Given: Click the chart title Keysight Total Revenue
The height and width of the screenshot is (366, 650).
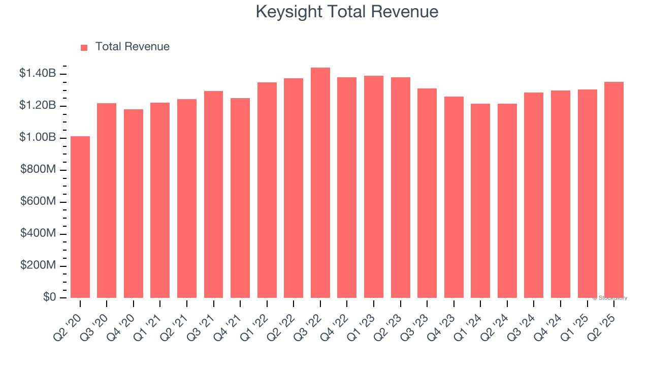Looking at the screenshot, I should click(x=347, y=11).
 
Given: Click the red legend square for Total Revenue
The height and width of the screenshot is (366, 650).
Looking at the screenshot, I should click(x=84, y=47).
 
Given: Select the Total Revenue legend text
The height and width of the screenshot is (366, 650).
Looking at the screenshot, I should click(x=132, y=47).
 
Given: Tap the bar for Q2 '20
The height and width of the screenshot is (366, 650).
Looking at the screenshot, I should click(x=80, y=217).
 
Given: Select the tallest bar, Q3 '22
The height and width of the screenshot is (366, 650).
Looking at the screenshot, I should click(x=320, y=183).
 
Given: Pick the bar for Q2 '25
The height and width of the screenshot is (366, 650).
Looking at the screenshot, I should click(x=613, y=190).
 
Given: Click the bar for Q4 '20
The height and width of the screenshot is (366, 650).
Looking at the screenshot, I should click(x=134, y=203).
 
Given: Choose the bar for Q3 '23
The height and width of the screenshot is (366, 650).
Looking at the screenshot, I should click(x=427, y=193).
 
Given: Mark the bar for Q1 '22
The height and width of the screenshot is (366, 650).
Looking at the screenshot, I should click(x=267, y=190).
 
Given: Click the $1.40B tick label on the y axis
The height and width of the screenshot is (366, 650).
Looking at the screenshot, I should click(x=38, y=74).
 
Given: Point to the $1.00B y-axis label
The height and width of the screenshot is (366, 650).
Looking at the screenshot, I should click(x=38, y=138).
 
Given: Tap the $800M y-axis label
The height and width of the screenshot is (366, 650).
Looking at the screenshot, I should click(x=38, y=170).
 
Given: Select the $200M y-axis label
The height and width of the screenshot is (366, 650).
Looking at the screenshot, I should click(x=38, y=265).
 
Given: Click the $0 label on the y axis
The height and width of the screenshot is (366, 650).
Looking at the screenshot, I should click(x=50, y=297).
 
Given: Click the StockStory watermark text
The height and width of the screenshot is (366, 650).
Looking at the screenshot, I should click(x=609, y=298).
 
